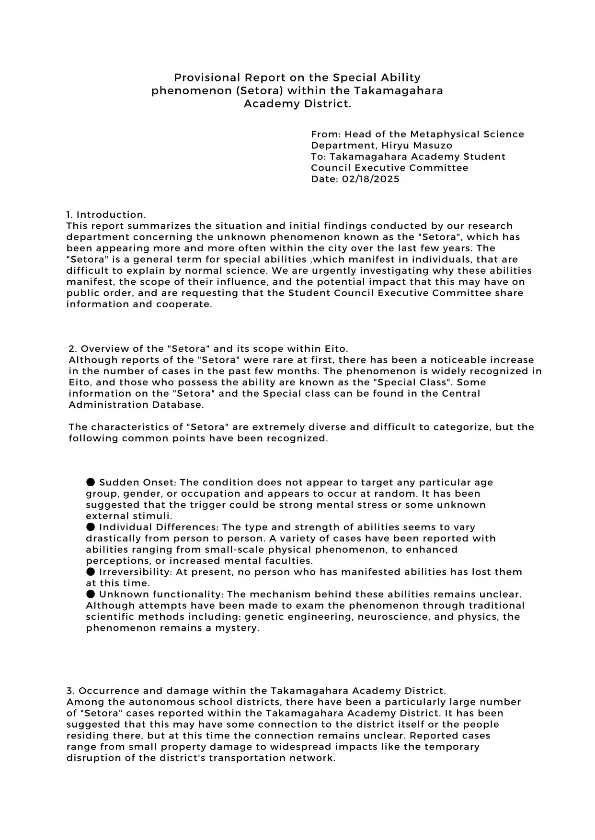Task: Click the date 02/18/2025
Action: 371,179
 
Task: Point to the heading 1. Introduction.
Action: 106,214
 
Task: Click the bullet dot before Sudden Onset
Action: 91,482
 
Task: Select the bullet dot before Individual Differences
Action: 91,527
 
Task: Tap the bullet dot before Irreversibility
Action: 91,571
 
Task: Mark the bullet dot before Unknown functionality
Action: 91,594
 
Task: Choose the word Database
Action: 178,404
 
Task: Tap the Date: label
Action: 325,179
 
